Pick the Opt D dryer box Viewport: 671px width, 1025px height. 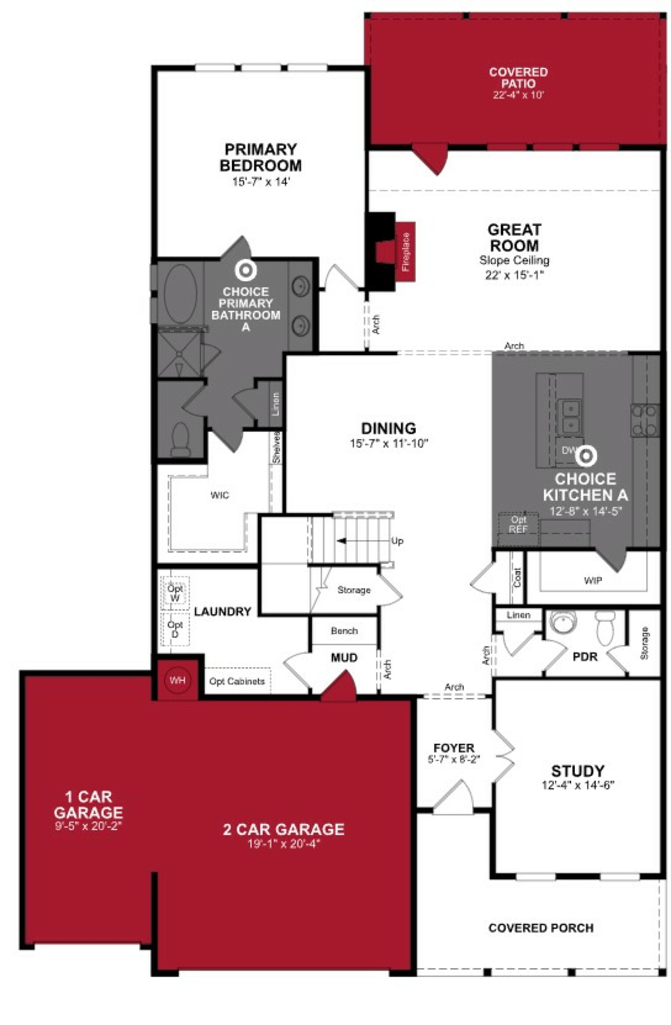[175, 629]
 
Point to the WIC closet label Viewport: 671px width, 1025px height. [220, 495]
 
